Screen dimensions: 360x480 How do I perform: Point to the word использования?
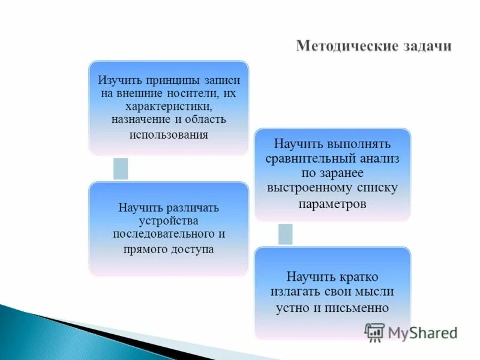[169, 134]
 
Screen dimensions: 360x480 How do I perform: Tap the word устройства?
[168, 220]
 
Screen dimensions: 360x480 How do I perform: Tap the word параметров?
[332, 203]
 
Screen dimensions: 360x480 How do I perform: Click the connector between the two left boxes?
[121, 169]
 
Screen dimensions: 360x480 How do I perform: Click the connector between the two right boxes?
[286, 234]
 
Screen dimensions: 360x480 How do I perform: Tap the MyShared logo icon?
[375, 332]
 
